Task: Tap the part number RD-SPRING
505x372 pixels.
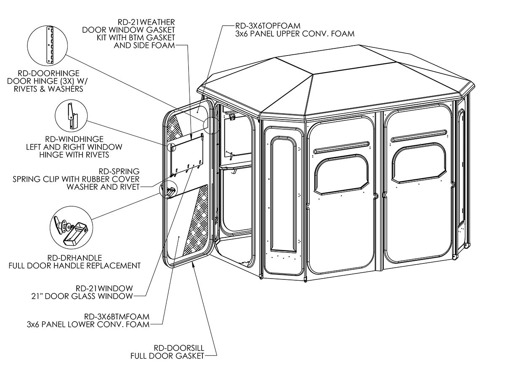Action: pyautogui.click(x=119, y=171)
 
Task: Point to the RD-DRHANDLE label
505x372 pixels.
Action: pyautogui.click(x=74, y=257)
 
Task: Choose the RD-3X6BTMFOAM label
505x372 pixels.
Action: pyautogui.click(x=117, y=316)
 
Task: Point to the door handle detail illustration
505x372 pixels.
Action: pyautogui.click(x=70, y=230)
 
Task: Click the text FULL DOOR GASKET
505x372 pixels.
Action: pyautogui.click(x=167, y=356)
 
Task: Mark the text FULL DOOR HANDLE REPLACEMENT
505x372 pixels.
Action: pyautogui.click(x=74, y=266)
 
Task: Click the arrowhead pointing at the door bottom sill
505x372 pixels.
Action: pyautogui.click(x=192, y=263)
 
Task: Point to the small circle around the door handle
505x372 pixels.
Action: pyautogui.click(x=168, y=189)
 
